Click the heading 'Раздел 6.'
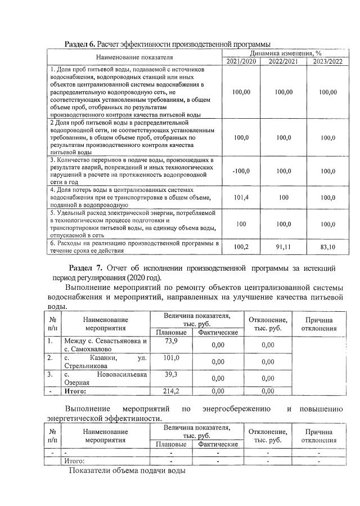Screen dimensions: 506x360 (80, 44)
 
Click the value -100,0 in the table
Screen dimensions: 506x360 (241, 171)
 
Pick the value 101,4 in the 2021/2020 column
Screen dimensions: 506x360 (241, 198)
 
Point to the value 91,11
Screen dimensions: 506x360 (283, 247)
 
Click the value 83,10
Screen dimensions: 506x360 (327, 247)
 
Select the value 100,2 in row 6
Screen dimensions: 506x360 (241, 247)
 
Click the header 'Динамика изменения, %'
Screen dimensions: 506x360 (284, 52)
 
